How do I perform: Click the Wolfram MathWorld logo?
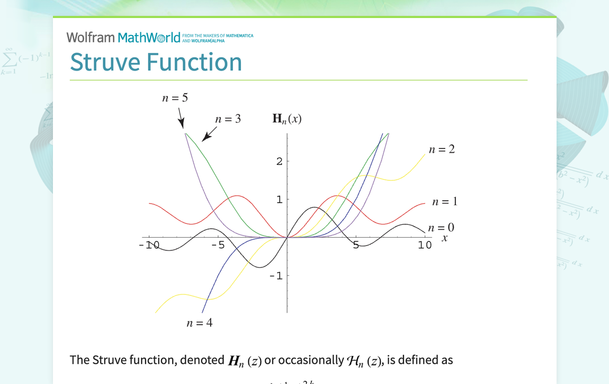[123, 37]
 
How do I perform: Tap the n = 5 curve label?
[175, 98]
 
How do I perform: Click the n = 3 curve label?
[228, 119]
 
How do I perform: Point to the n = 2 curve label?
[442, 150]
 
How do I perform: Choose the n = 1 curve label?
[445, 202]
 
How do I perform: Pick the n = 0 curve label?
[441, 228]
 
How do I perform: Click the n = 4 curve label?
[200, 323]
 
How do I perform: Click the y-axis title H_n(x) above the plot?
[287, 119]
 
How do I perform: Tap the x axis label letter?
[445, 239]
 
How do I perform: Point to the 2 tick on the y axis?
[279, 161]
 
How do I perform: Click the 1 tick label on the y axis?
[279, 200]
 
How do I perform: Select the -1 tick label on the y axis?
[276, 276]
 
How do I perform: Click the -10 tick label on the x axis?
[149, 245]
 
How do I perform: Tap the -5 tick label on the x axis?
[218, 245]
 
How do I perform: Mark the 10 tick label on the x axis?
[425, 245]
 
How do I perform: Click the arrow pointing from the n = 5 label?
[181, 118]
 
